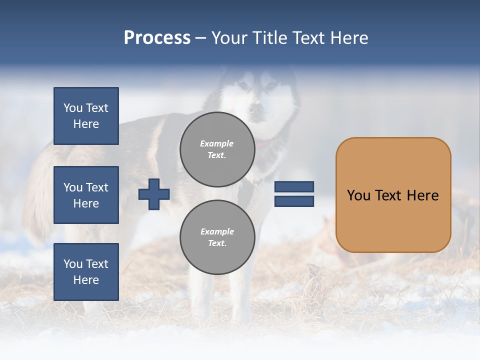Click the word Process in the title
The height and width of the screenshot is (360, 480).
[x=157, y=38]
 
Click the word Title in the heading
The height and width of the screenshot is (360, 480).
[x=269, y=38]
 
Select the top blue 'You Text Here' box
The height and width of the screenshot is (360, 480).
[x=86, y=116]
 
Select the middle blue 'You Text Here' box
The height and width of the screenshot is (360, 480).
[x=86, y=195]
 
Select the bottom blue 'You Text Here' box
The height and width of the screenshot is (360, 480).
[x=86, y=271]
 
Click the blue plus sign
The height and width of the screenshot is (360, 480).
[x=154, y=194]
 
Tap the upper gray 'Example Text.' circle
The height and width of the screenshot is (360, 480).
[x=217, y=149]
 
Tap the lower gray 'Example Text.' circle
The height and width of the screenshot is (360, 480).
[x=217, y=237]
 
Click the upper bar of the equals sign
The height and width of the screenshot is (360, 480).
[x=294, y=187]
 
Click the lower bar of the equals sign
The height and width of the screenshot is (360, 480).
[x=294, y=201]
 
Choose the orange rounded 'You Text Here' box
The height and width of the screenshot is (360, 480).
[x=393, y=195]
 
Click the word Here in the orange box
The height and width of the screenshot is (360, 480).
[x=422, y=195]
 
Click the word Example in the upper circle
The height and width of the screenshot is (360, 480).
[x=217, y=143]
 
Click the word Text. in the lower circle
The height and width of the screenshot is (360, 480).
[x=217, y=243]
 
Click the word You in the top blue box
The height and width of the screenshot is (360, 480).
[x=73, y=108]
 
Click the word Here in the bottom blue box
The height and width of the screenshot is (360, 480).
[x=86, y=280]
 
